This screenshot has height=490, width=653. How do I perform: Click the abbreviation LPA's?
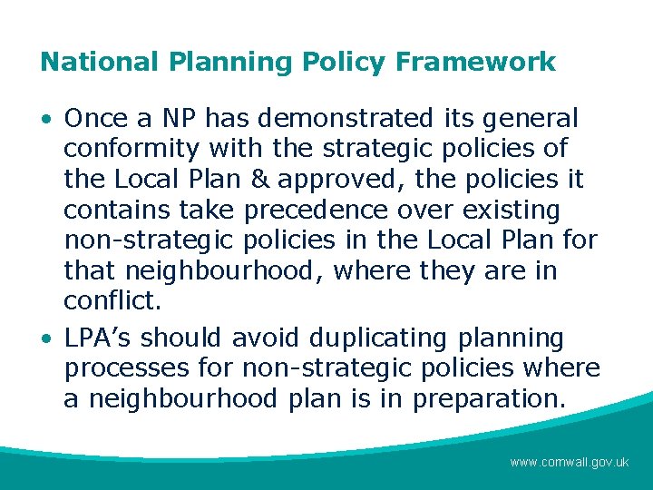(x=97, y=338)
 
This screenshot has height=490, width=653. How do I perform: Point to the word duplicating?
(x=378, y=338)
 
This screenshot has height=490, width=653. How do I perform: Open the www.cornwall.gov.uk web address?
(x=569, y=462)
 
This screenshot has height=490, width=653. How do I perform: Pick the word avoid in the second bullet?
(x=264, y=338)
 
